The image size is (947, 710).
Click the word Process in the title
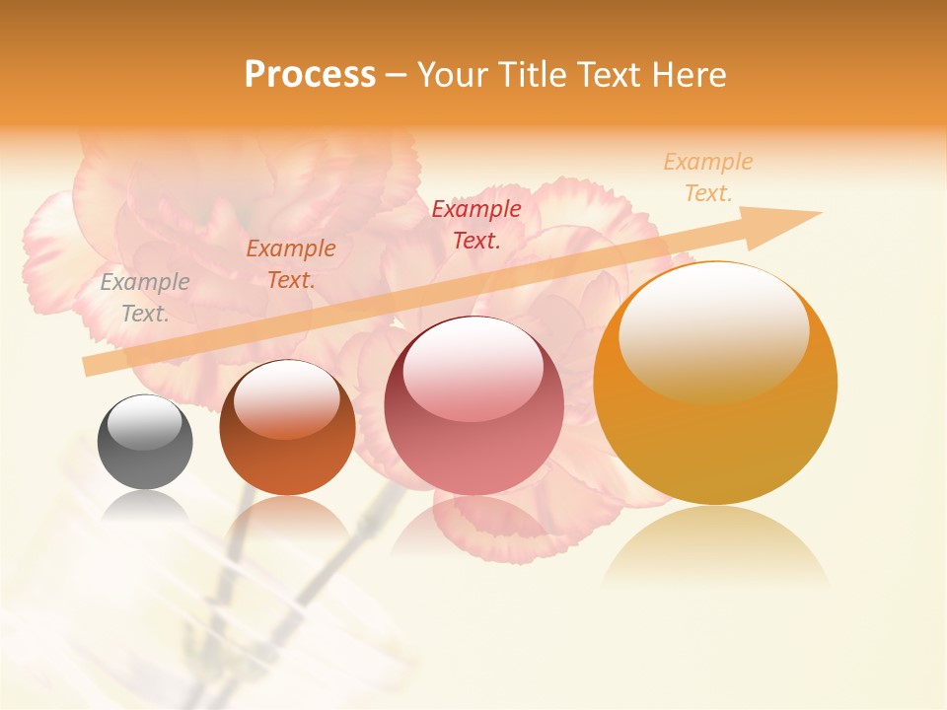point(310,75)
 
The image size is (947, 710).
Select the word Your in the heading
point(454,75)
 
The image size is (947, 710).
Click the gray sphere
point(145,444)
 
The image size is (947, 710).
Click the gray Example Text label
point(145,298)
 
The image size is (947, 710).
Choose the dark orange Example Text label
point(291,264)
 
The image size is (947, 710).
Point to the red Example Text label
point(476,224)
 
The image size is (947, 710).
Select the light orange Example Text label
point(707,177)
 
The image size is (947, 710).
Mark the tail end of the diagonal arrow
point(91,366)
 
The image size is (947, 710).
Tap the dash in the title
point(396,75)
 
